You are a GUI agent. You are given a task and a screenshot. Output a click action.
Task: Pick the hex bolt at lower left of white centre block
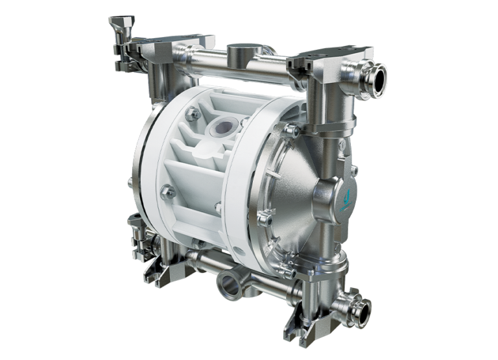click(167, 191)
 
